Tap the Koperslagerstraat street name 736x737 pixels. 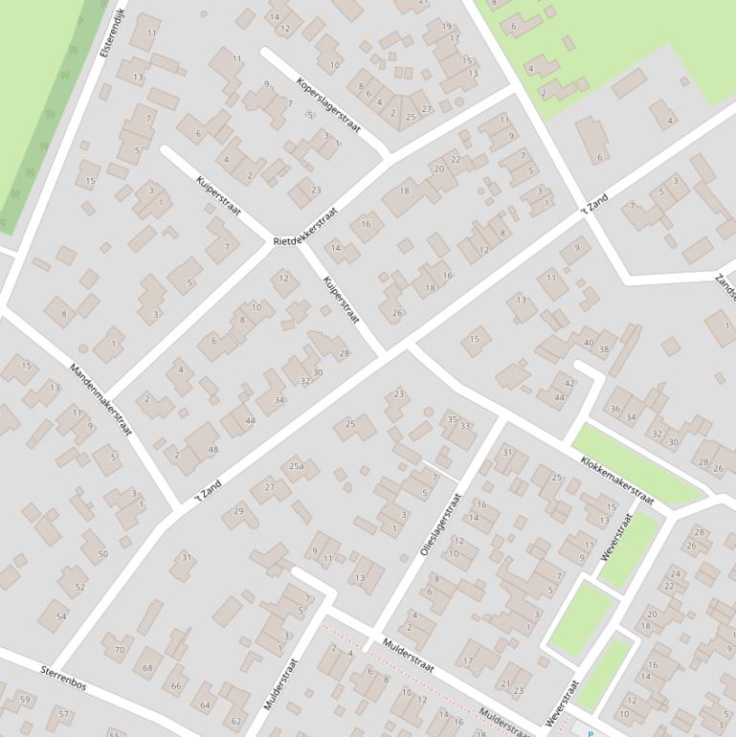(x=328, y=105)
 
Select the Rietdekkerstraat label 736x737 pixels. (x=305, y=227)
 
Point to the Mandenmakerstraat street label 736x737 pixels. (x=100, y=399)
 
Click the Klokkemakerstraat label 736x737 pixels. (x=616, y=480)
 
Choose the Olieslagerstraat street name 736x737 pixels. (x=441, y=525)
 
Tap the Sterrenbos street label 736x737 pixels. (x=63, y=679)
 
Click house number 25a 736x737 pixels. (x=298, y=466)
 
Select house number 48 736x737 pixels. (x=212, y=450)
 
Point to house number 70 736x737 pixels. (x=120, y=650)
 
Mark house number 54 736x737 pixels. (x=61, y=616)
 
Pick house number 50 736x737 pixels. (x=102, y=554)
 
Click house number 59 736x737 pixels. (x=25, y=700)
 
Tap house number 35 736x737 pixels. (x=453, y=418)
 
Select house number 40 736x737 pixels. (x=588, y=343)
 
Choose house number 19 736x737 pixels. (x=447, y=27)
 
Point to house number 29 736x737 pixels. (x=239, y=512)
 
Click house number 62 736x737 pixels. (x=236, y=721)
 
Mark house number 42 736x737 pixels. (x=569, y=383)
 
